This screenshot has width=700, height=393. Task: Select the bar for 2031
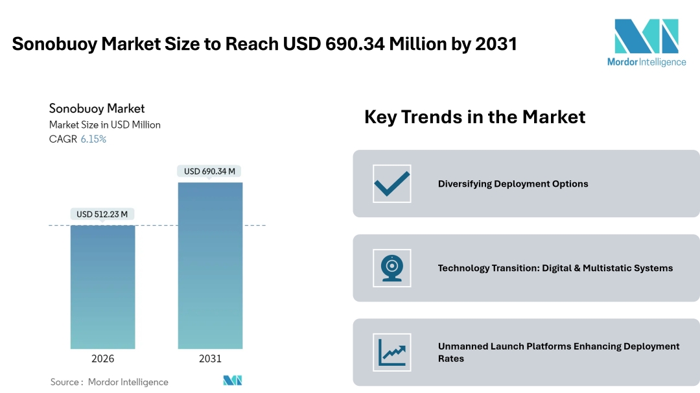click(210, 265)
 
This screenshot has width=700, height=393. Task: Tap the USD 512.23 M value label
click(102, 214)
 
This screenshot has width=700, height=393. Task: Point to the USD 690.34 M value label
click(209, 171)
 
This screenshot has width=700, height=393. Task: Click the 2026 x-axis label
click(102, 359)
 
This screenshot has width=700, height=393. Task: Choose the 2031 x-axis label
click(210, 359)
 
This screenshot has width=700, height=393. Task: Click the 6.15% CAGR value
click(93, 139)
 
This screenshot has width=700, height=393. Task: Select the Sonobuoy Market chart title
click(97, 108)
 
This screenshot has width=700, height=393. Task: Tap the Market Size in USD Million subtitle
click(104, 125)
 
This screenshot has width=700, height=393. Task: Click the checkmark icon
click(392, 184)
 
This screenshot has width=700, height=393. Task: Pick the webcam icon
click(392, 268)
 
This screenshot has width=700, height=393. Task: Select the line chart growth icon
click(392, 352)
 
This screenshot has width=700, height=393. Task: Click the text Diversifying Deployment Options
click(513, 184)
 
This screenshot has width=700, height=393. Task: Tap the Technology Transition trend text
click(555, 268)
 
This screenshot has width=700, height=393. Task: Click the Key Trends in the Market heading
click(474, 117)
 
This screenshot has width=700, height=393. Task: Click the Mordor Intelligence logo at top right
click(646, 42)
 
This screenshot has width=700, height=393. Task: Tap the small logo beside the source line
click(233, 381)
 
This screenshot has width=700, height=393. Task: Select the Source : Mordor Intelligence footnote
click(109, 382)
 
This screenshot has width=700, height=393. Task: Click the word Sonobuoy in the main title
click(52, 44)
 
